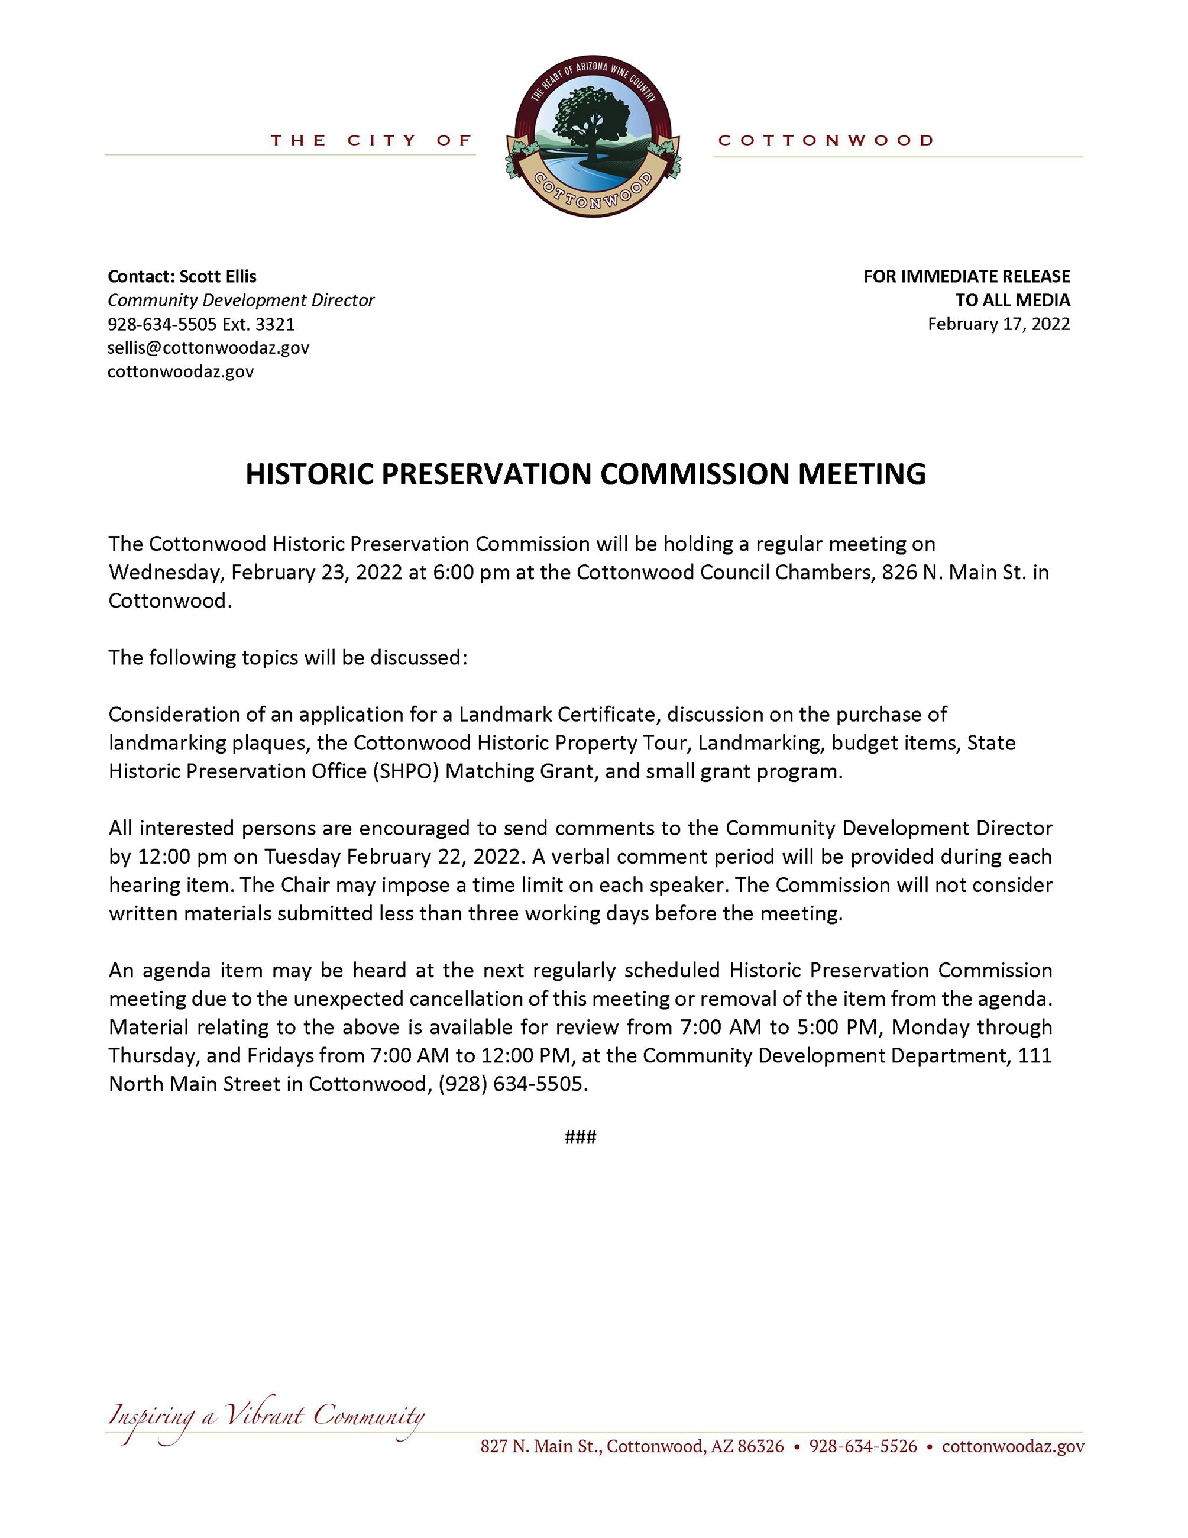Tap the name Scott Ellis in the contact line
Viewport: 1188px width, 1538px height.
tap(218, 276)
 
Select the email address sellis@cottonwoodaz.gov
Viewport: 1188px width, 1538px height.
tap(208, 347)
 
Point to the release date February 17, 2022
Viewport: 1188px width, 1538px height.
tap(999, 324)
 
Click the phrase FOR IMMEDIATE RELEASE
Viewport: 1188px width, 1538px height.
tap(966, 276)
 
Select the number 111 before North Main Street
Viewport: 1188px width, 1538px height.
tap(1035, 1056)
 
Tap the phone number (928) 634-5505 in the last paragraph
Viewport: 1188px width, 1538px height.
tap(511, 1084)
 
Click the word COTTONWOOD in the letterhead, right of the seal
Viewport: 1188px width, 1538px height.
tap(826, 140)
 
